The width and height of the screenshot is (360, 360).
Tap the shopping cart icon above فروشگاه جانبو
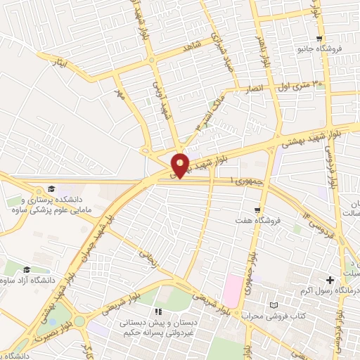(x=320, y=39)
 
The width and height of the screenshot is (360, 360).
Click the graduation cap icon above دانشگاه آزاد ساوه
(x=27, y=269)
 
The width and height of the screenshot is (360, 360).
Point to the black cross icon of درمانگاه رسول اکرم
(x=330, y=280)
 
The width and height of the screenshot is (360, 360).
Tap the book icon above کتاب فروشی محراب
(x=274, y=305)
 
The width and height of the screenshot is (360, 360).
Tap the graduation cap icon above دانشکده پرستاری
(x=51, y=188)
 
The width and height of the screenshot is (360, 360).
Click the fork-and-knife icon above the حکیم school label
(x=158, y=311)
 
